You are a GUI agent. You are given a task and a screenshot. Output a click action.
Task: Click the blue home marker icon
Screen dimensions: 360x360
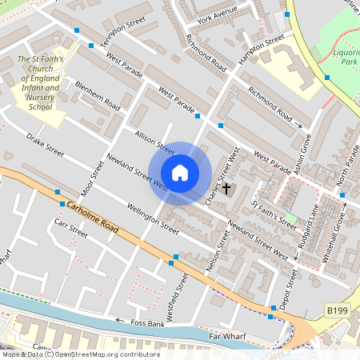[180, 172]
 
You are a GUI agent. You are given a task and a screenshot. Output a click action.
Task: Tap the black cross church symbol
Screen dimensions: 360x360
[226, 189]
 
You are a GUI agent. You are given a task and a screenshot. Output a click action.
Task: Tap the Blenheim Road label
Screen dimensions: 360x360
[98, 95]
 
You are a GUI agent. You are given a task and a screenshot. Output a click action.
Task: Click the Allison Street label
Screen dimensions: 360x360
[154, 141]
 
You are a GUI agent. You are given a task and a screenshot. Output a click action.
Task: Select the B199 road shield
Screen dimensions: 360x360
[337, 310]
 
